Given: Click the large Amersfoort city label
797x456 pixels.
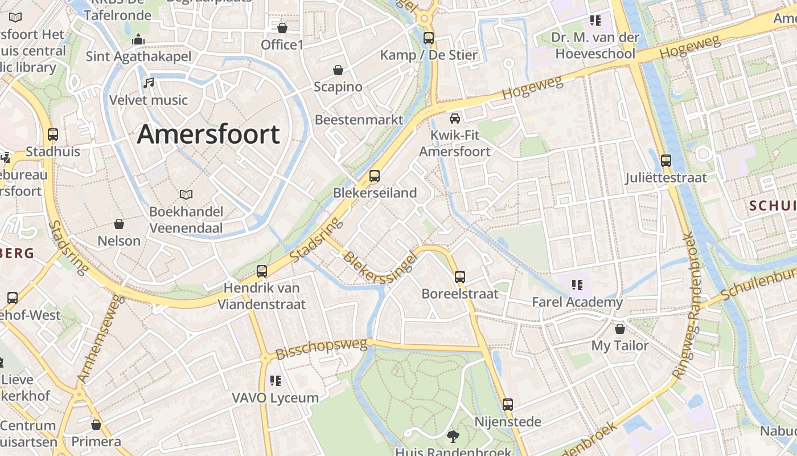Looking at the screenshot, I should pos(208,135).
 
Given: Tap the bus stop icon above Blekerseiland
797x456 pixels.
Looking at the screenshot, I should pos(374,176).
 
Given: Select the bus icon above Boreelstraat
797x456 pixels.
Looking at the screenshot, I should pos(460,277).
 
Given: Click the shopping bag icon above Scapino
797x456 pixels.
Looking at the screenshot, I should pos(338,70).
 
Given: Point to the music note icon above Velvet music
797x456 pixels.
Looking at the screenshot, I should pos(149,83).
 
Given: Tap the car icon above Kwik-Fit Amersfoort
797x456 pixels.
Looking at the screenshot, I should pos(454,119).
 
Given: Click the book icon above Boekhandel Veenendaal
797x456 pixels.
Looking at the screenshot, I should pos(186,194).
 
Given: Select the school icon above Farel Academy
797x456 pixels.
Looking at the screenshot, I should pos(577,284).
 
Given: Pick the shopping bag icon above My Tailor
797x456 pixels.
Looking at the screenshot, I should pos(620,329).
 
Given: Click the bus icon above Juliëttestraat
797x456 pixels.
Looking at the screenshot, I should pos(665,161).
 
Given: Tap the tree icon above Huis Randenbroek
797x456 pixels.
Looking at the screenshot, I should pos(453,437).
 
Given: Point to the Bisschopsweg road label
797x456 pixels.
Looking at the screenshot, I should pos(321,348).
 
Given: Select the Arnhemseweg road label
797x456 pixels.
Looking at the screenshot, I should pos(100,340).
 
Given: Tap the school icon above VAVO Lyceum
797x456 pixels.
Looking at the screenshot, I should pos(276,380).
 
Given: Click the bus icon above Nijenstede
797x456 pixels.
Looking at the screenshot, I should pos(507,405).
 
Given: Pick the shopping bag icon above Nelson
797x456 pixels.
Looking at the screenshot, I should pos(119,224).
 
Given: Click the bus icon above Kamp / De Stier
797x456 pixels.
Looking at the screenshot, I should pos(429,38).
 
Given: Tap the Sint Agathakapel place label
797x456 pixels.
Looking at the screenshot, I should pos(138,56).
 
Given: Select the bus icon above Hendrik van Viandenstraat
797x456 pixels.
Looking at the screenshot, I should pos(262,271).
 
